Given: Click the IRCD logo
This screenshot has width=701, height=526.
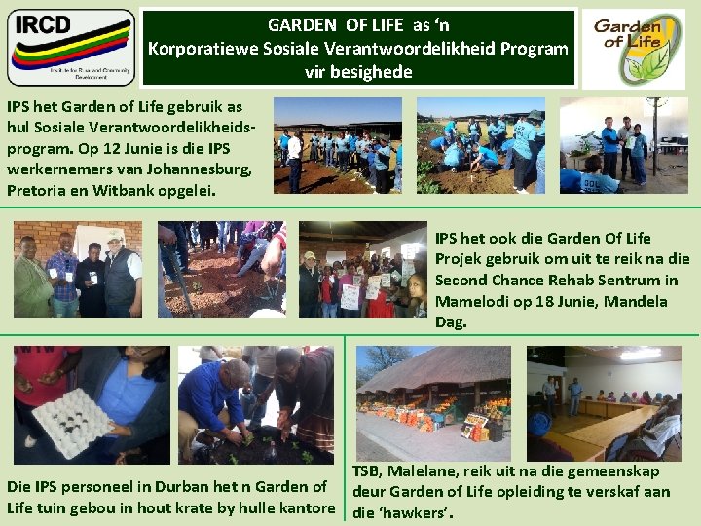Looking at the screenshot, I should tap(70, 48).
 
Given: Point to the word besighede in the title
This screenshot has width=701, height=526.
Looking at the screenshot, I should tap(373, 71).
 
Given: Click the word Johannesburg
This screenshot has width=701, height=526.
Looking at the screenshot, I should tap(203, 169).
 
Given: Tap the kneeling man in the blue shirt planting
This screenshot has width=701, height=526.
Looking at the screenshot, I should tap(216, 399).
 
